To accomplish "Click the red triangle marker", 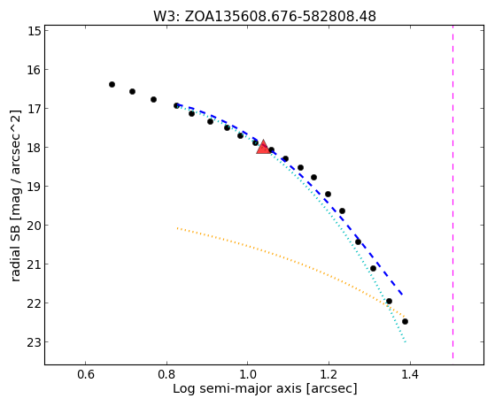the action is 263,147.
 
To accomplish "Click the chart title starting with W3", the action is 265,16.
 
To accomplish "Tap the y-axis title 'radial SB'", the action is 15,195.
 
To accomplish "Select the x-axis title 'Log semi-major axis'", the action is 265,388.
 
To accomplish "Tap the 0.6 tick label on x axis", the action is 86,374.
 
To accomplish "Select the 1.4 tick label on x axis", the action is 410,374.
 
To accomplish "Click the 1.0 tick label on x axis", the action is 248,374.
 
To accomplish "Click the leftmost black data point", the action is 112,84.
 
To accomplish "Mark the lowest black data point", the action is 405,321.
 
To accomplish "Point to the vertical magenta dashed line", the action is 452,192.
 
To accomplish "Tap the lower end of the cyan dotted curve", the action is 406,342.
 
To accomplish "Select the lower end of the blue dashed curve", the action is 403,295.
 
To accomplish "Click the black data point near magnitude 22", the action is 389,302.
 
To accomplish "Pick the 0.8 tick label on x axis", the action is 166,374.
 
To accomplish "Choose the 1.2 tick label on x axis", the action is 329,374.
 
